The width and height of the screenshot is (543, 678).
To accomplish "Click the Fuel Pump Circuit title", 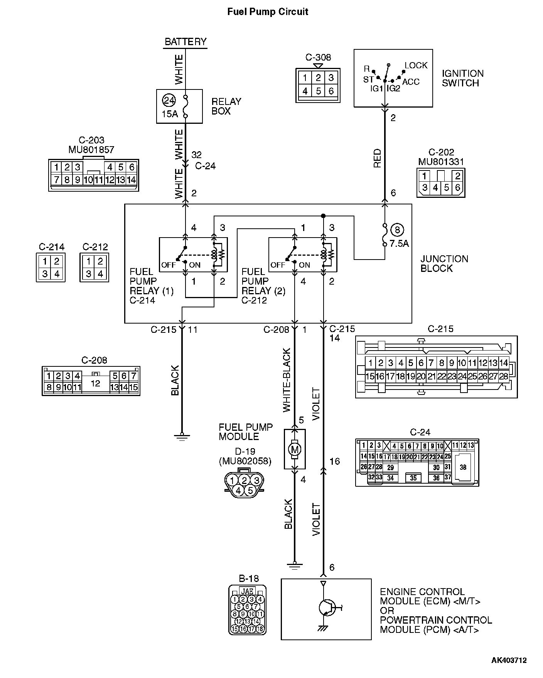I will point(267,12).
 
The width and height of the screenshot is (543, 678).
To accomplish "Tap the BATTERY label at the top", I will point(185,42).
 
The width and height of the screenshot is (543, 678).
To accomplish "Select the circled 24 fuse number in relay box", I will point(169,101).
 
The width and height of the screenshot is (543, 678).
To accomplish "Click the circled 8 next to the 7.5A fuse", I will point(397,230).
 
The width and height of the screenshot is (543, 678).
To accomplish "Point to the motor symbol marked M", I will point(295,449).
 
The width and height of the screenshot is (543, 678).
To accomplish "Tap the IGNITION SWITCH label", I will point(462,78).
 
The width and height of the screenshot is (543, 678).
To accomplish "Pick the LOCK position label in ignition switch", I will point(416,66).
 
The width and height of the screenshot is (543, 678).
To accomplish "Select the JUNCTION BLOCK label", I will point(444,264).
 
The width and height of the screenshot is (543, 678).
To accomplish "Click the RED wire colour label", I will point(377,158).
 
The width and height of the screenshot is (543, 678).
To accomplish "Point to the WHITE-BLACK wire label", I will point(287,380).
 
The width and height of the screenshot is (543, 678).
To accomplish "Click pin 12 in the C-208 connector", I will point(95,383).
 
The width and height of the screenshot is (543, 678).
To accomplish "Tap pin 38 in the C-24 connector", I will point(463,467).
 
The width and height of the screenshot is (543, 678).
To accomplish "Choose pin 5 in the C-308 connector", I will point(318,91).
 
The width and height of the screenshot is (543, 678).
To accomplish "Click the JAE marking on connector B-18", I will point(247,591).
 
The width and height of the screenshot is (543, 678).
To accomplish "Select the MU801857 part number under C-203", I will point(91,150).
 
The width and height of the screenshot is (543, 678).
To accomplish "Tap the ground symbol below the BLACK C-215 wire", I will point(182,436).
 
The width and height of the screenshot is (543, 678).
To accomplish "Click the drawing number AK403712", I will point(509,660).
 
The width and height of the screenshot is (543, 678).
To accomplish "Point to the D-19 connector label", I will point(245,451).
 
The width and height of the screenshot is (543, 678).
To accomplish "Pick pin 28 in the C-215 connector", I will point(503,376).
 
